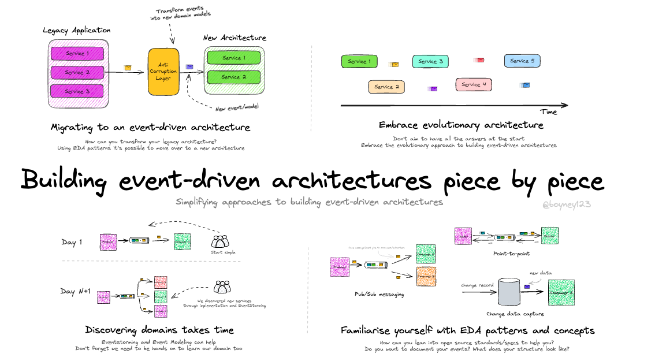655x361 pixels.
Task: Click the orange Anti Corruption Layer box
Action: point(163,72)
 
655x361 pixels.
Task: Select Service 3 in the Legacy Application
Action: point(77,91)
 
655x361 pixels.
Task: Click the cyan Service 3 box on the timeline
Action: point(430,61)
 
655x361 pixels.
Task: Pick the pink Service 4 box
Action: point(474,84)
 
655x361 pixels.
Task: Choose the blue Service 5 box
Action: point(522,61)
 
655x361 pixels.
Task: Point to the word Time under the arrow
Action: point(549,111)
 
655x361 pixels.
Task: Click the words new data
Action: point(541,273)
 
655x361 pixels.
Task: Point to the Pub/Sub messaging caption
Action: point(379,294)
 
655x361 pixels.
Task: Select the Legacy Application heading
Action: point(76,30)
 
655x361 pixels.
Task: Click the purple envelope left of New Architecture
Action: point(189,67)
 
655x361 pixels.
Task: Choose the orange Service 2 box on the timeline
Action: point(386,87)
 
